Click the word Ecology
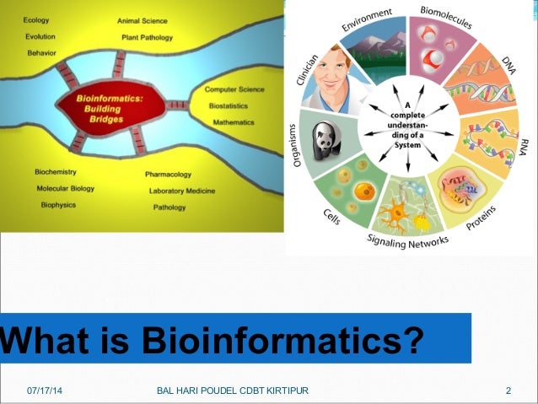coord(35,19)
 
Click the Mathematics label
coord(234,122)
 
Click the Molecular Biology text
coord(65,188)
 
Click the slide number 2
coord(508,391)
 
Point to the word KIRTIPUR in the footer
coord(286,391)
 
